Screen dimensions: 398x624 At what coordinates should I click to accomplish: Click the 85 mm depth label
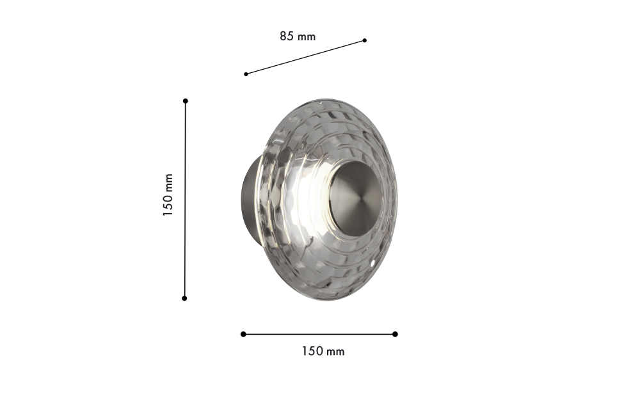[x=298, y=36]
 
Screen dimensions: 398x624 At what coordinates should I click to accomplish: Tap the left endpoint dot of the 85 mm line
[x=246, y=74]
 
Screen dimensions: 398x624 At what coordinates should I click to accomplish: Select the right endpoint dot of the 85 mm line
[x=365, y=40]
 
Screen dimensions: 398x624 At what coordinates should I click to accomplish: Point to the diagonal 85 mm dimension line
[x=305, y=57]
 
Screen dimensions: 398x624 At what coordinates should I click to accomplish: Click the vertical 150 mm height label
[x=168, y=195]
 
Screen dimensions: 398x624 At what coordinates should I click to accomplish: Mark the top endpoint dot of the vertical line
[x=186, y=101]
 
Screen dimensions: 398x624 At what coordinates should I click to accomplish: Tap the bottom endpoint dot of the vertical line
[x=184, y=298]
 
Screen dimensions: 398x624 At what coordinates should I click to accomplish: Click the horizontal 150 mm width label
[x=323, y=351]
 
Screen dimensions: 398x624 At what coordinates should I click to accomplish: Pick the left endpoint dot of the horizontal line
[x=243, y=334]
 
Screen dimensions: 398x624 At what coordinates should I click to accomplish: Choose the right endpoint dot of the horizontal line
[x=395, y=334]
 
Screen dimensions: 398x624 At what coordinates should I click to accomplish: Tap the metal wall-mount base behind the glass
[x=248, y=198]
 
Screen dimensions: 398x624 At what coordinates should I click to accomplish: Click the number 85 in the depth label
[x=287, y=36]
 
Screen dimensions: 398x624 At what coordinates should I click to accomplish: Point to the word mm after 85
[x=307, y=37]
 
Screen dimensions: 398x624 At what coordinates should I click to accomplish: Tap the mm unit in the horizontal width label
[x=335, y=352]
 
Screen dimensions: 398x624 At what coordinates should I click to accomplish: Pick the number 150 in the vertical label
[x=168, y=205]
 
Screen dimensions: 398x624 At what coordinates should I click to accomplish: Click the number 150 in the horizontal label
[x=313, y=351]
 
